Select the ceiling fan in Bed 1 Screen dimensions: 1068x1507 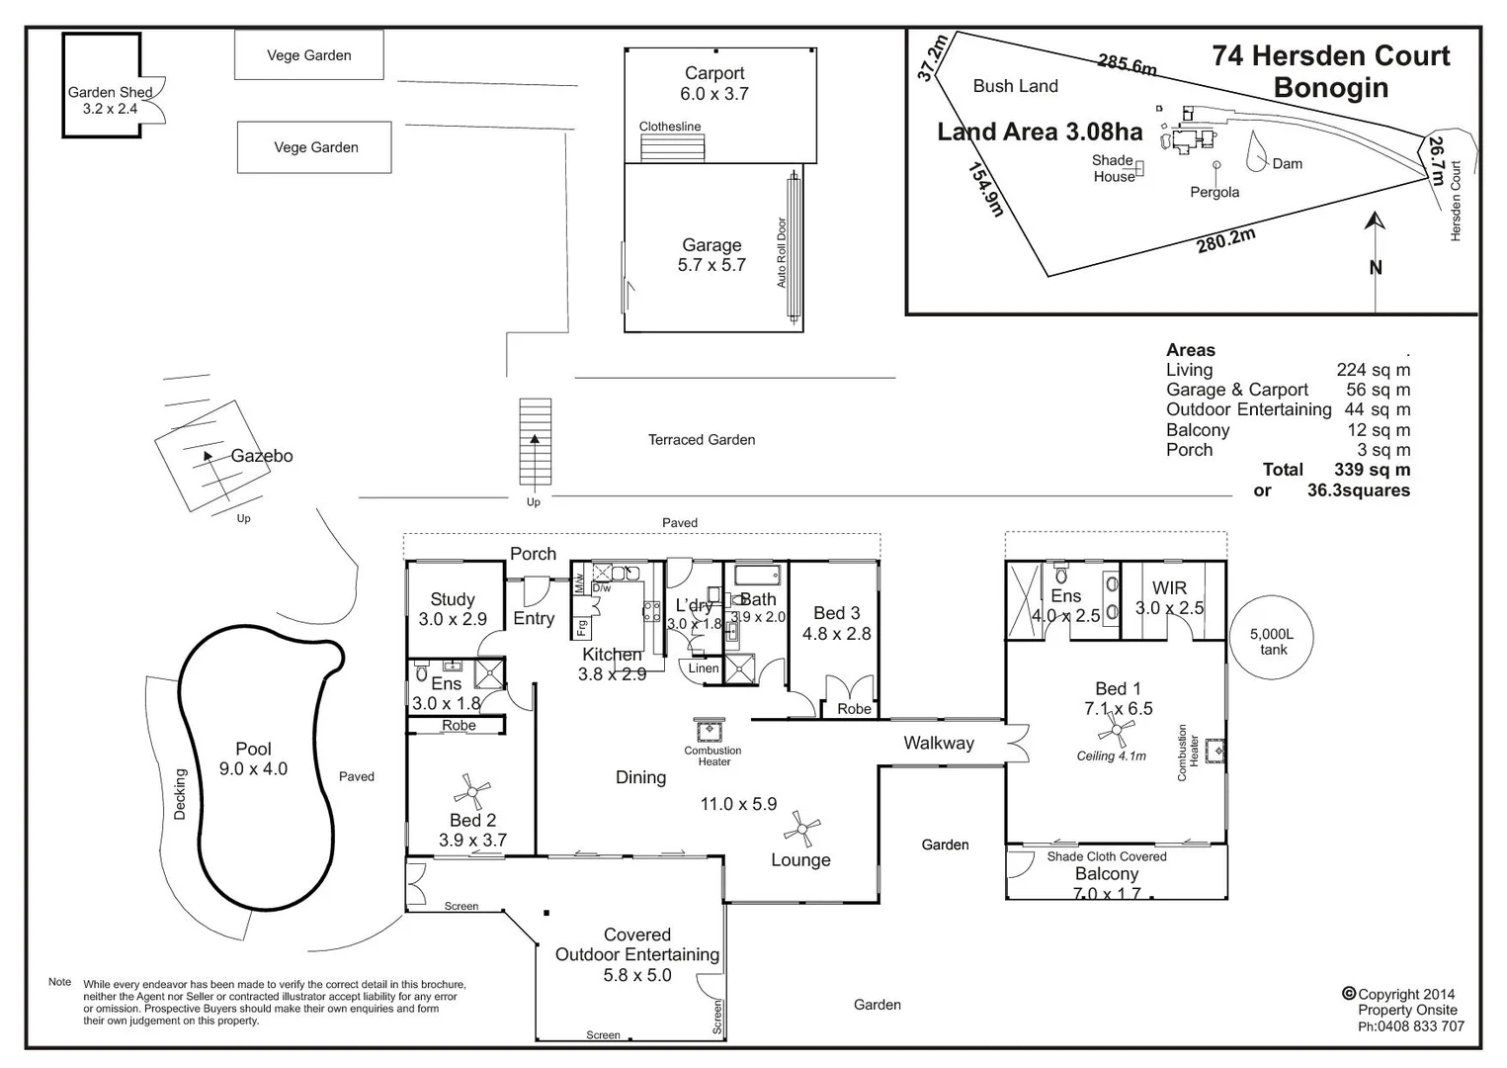[1117, 733]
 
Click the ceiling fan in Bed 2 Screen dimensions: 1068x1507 [472, 791]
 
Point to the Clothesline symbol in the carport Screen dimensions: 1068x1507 [672, 147]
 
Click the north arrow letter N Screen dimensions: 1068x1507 [1376, 267]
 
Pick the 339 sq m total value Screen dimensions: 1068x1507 [1373, 470]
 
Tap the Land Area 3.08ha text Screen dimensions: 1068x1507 [1040, 133]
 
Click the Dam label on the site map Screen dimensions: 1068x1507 [1287, 164]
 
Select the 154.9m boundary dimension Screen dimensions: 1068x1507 [985, 189]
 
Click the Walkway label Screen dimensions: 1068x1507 [939, 743]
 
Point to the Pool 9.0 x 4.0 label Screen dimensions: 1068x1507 [253, 758]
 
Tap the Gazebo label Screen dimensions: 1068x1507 [262, 456]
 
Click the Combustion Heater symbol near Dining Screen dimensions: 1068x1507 [710, 731]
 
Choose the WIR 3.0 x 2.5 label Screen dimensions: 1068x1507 [1169, 598]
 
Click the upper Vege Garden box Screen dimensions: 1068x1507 [309, 55]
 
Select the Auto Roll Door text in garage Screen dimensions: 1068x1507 [782, 252]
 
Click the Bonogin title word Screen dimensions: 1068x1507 [1330, 88]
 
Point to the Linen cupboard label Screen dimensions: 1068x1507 [704, 668]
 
